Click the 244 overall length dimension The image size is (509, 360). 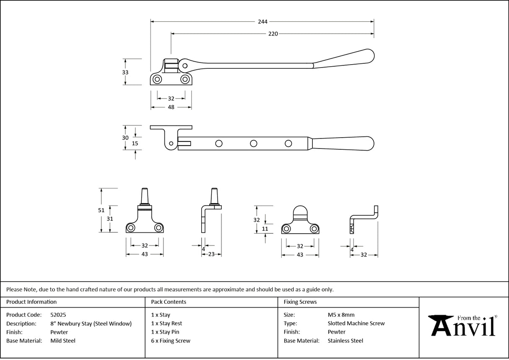263,21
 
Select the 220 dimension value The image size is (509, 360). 273,34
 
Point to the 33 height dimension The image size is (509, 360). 125,72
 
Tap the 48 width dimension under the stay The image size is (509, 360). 171,107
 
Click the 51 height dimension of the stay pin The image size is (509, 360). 101,210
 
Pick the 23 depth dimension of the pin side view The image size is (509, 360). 211,254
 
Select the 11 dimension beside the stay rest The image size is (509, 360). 265,229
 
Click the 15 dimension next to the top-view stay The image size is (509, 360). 135,143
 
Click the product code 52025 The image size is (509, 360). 58,315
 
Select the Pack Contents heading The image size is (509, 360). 169,302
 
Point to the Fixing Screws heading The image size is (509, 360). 300,302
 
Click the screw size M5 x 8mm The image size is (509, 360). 341,315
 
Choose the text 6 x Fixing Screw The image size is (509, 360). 171,341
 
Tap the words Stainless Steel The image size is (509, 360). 345,341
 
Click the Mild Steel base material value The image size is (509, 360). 63,341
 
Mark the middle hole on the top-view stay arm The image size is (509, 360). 253,144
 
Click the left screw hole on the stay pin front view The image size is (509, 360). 131,227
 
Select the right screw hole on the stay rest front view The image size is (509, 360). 314,229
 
